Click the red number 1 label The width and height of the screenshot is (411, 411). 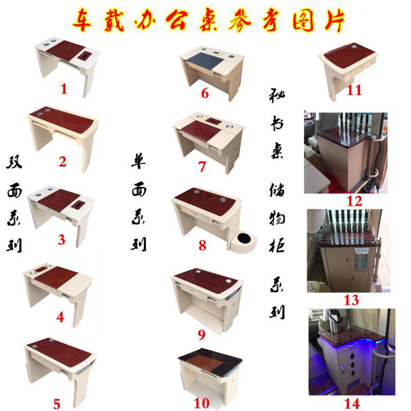[x=64, y=89]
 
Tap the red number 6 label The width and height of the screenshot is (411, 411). [x=204, y=94]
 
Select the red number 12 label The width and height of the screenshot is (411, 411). [x=354, y=201]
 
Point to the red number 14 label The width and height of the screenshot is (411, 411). [x=352, y=404]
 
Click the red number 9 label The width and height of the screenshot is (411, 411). [x=201, y=335]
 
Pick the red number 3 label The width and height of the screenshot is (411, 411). [x=61, y=239]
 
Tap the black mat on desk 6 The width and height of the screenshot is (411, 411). [x=206, y=61]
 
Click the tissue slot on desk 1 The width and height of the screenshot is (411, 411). [x=85, y=55]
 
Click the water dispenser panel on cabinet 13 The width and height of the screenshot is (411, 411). [x=362, y=259]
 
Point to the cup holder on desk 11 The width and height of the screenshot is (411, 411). [x=354, y=47]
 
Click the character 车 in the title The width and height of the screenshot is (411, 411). [x=82, y=20]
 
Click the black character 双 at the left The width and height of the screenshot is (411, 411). [x=14, y=162]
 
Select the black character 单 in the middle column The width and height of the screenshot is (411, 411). [x=138, y=161]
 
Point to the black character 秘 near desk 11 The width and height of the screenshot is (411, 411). [x=277, y=96]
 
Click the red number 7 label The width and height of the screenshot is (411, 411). [x=202, y=166]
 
